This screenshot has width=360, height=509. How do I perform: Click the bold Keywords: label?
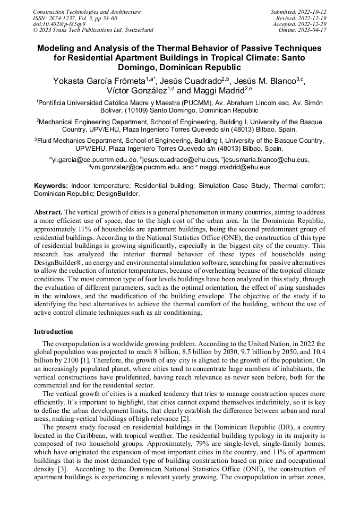(x=51, y=186)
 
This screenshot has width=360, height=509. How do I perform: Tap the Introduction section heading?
(x=53, y=332)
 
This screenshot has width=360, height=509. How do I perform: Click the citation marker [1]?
(x=96, y=360)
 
